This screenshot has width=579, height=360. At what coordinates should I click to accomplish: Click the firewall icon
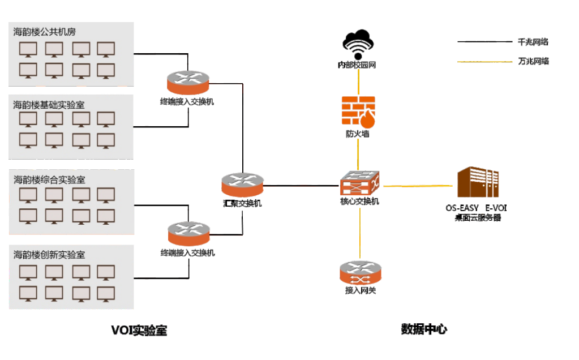359,112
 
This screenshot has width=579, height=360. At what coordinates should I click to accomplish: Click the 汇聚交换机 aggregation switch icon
242,185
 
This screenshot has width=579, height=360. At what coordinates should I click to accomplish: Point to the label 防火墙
358,134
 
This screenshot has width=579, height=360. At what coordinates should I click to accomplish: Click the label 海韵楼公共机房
45,32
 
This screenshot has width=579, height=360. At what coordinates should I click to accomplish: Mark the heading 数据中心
424,329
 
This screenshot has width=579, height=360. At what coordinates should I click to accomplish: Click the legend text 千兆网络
533,42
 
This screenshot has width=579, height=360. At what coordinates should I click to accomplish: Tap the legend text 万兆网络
533,61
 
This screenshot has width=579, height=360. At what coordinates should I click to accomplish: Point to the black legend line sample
484,42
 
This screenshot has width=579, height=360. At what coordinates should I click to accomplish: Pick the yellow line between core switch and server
419,185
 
